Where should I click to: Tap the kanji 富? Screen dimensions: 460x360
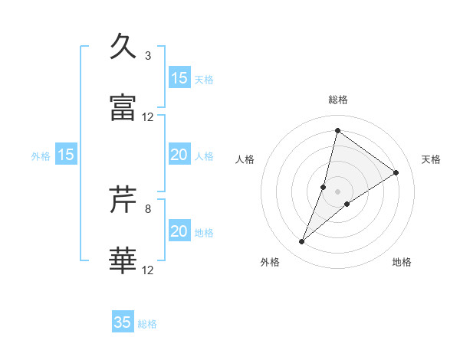point(123,108)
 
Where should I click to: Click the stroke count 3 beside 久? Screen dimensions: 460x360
point(148,56)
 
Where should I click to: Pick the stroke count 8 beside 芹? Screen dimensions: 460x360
point(148,208)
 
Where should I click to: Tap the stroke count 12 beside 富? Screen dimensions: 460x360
point(148,117)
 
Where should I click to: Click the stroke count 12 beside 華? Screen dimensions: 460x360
point(148,270)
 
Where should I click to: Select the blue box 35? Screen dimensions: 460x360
point(123,322)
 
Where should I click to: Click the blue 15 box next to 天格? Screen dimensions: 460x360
point(179,78)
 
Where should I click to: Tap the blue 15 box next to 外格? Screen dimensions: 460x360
point(66,155)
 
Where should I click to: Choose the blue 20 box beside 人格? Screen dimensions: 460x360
point(179,155)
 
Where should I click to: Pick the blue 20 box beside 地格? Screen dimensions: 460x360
point(179,231)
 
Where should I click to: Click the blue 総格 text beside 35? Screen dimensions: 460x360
point(147,324)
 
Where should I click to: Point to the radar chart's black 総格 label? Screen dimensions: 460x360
point(338,100)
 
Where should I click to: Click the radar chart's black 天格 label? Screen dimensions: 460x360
point(432,159)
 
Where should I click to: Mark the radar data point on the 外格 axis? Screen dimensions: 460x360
point(302,242)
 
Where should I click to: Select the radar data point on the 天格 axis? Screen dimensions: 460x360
point(396,172)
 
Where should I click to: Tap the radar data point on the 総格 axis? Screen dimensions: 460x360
point(337,130)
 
